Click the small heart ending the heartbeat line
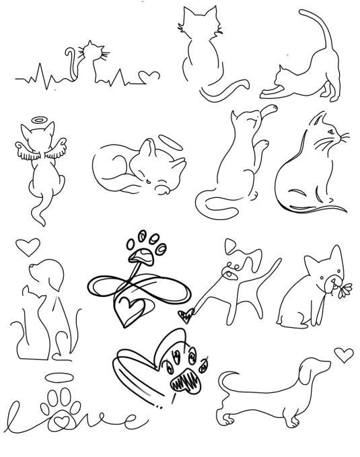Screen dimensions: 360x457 149,76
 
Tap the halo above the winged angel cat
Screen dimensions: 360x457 39,120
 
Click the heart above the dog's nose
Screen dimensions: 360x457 28,246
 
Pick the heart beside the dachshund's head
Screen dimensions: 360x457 344,355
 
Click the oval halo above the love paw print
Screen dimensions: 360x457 59,378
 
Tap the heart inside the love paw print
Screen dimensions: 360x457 62,421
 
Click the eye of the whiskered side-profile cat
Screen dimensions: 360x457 331,131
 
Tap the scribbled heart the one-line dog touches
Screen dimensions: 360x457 186,316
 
